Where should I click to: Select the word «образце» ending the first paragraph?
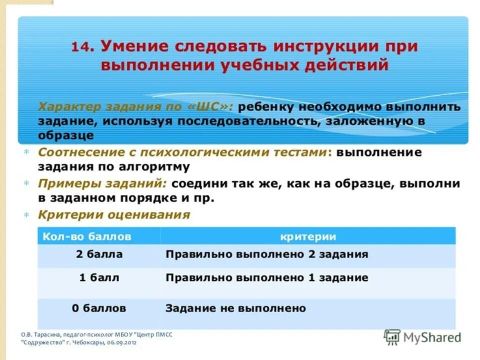pyautogui.click(x=65, y=135)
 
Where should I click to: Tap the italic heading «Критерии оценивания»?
pyautogui.click(x=114, y=215)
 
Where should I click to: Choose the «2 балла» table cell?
pyautogui.click(x=99, y=254)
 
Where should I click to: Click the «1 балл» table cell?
pyautogui.click(x=99, y=277)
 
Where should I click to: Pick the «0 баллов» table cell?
pyautogui.click(x=99, y=308)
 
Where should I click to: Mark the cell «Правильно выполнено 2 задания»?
pyautogui.click(x=266, y=254)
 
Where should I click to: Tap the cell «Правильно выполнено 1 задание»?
pyautogui.click(x=266, y=277)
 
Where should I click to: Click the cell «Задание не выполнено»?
pyautogui.click(x=235, y=308)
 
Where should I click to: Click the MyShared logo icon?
pyautogui.click(x=392, y=336)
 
